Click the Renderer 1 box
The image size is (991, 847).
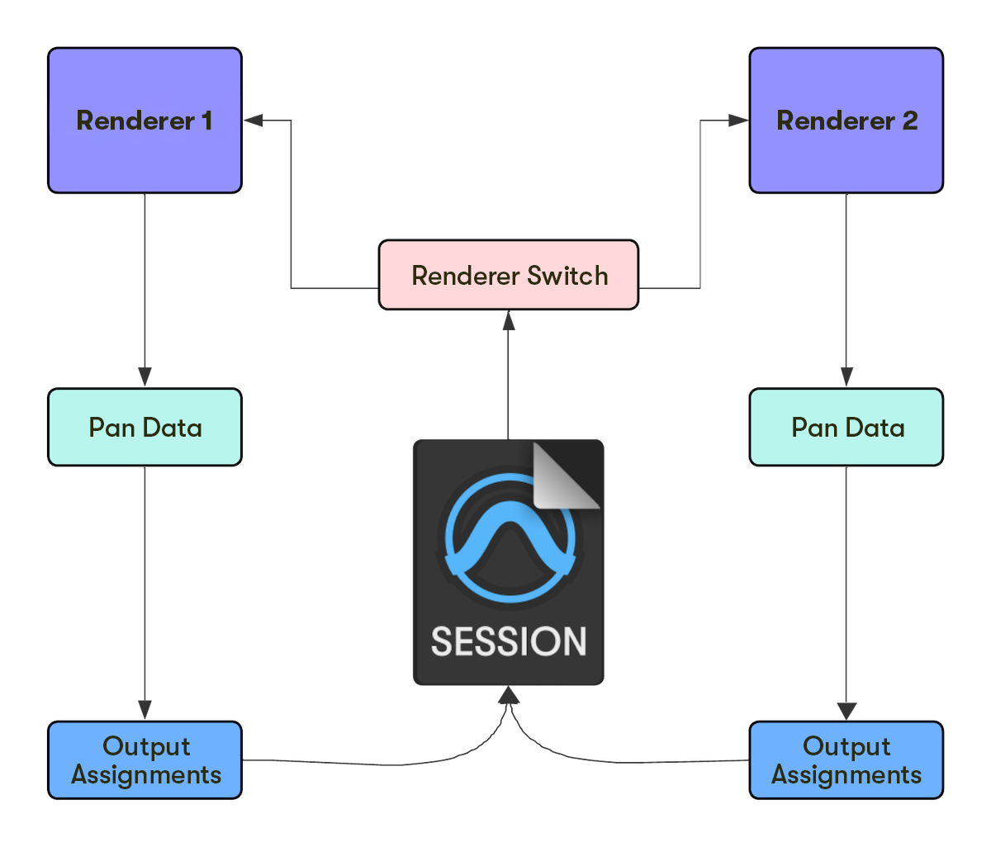145,121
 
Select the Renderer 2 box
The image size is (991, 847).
846,121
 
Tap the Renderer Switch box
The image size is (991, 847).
509,275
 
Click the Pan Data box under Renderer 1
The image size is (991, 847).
145,427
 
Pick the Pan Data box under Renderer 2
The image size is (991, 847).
846,427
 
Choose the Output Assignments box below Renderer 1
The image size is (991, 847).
145,760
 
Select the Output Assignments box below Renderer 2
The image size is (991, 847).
846,760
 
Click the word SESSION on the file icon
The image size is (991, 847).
509,641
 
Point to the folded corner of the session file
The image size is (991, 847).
566,476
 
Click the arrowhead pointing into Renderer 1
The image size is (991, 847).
253,121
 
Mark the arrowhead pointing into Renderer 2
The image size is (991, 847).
738,121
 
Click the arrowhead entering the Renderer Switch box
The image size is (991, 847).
509,320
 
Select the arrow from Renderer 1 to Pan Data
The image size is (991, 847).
145,289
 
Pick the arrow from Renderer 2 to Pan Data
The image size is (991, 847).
846,289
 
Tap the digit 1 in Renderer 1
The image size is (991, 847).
206,121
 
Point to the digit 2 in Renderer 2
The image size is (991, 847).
909,121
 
